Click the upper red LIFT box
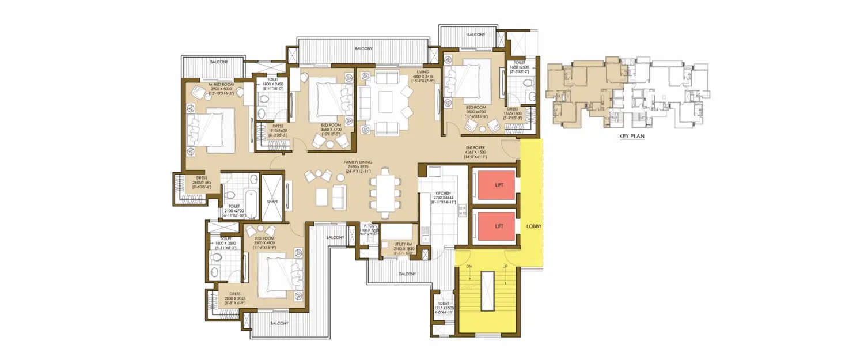click(495, 185)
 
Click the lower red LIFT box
click(495, 226)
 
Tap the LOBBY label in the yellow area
click(534, 226)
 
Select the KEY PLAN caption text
click(628, 137)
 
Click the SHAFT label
click(272, 202)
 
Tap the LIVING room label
click(423, 72)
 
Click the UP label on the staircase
click(505, 266)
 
